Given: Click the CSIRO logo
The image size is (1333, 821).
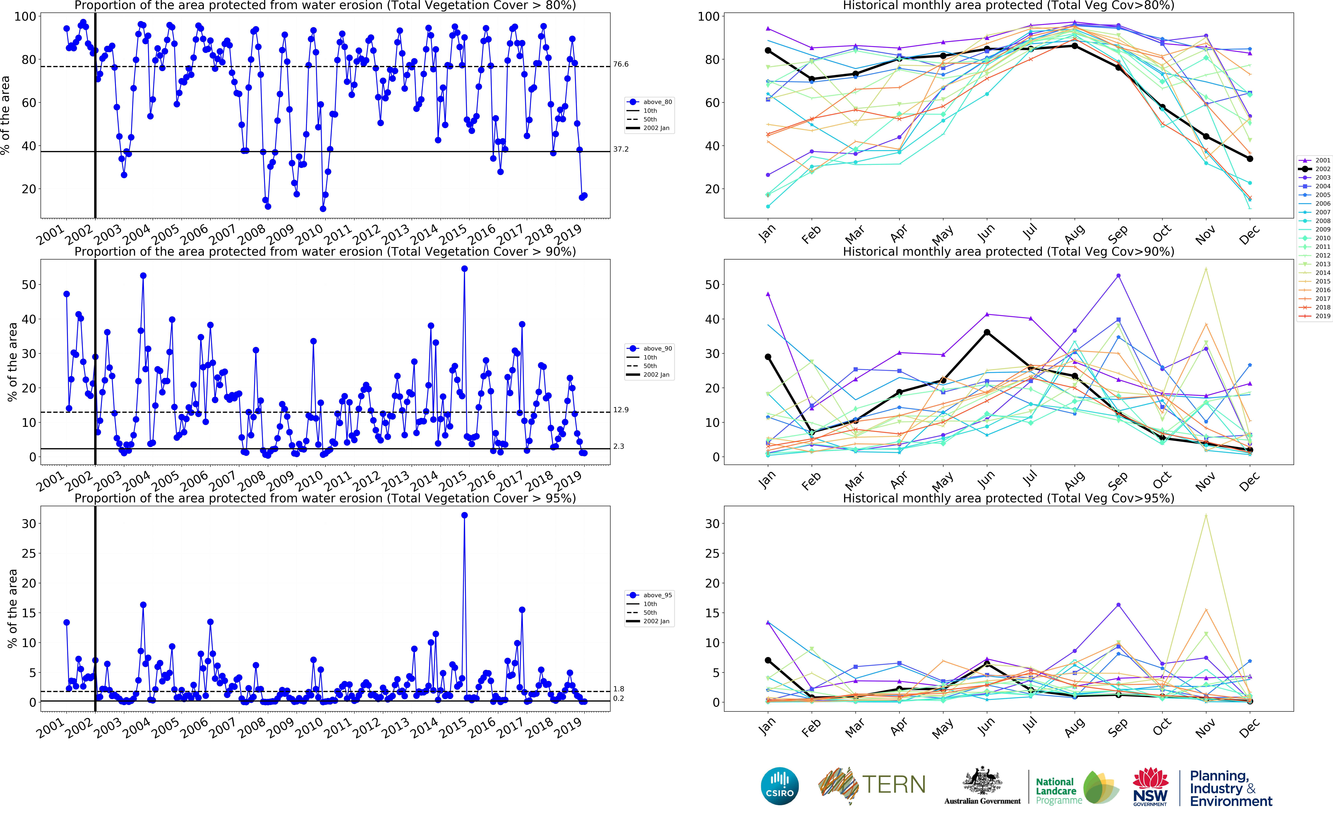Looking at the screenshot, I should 780,786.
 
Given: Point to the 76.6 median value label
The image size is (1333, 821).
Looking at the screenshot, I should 621,64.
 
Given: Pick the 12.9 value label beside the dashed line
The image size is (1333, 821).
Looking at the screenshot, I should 621,410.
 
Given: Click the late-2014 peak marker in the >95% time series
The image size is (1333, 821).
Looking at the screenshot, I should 464,515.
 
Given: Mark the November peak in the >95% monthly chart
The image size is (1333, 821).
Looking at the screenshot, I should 1206,515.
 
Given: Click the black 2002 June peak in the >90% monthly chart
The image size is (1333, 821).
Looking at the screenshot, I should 987,332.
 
